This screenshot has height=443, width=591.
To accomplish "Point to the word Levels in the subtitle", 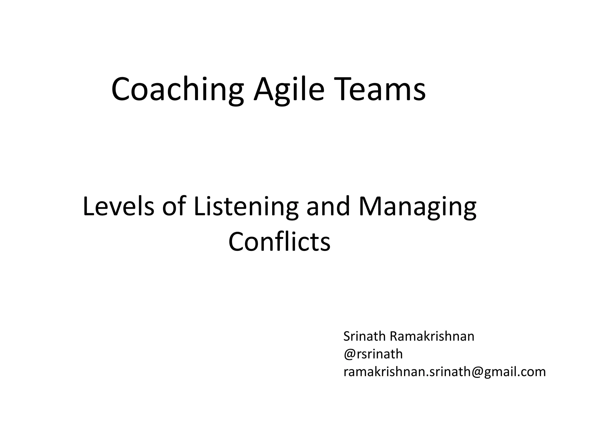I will coord(119,206).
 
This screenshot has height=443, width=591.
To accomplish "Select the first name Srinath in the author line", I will coord(364,336).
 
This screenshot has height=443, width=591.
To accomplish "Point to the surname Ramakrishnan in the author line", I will coord(432,336).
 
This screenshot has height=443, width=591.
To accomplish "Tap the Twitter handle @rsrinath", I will coord(373,354).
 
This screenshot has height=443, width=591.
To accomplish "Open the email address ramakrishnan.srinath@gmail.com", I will coord(444,372).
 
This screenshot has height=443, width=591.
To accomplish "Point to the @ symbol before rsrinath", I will coord(349,354).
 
